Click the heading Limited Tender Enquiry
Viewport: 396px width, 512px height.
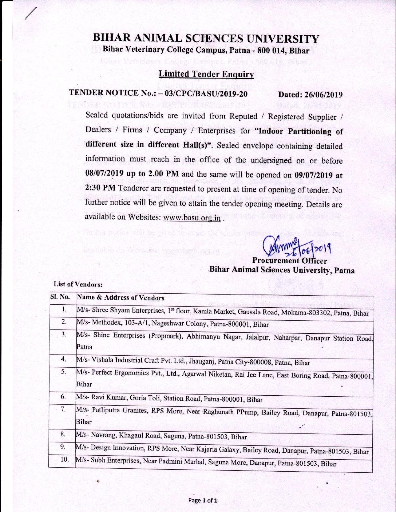click(206, 74)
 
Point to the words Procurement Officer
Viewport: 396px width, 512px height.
click(289, 261)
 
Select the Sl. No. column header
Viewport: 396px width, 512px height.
click(60, 297)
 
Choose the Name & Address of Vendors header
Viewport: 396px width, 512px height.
click(120, 298)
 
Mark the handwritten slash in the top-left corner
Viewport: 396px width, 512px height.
click(31, 13)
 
